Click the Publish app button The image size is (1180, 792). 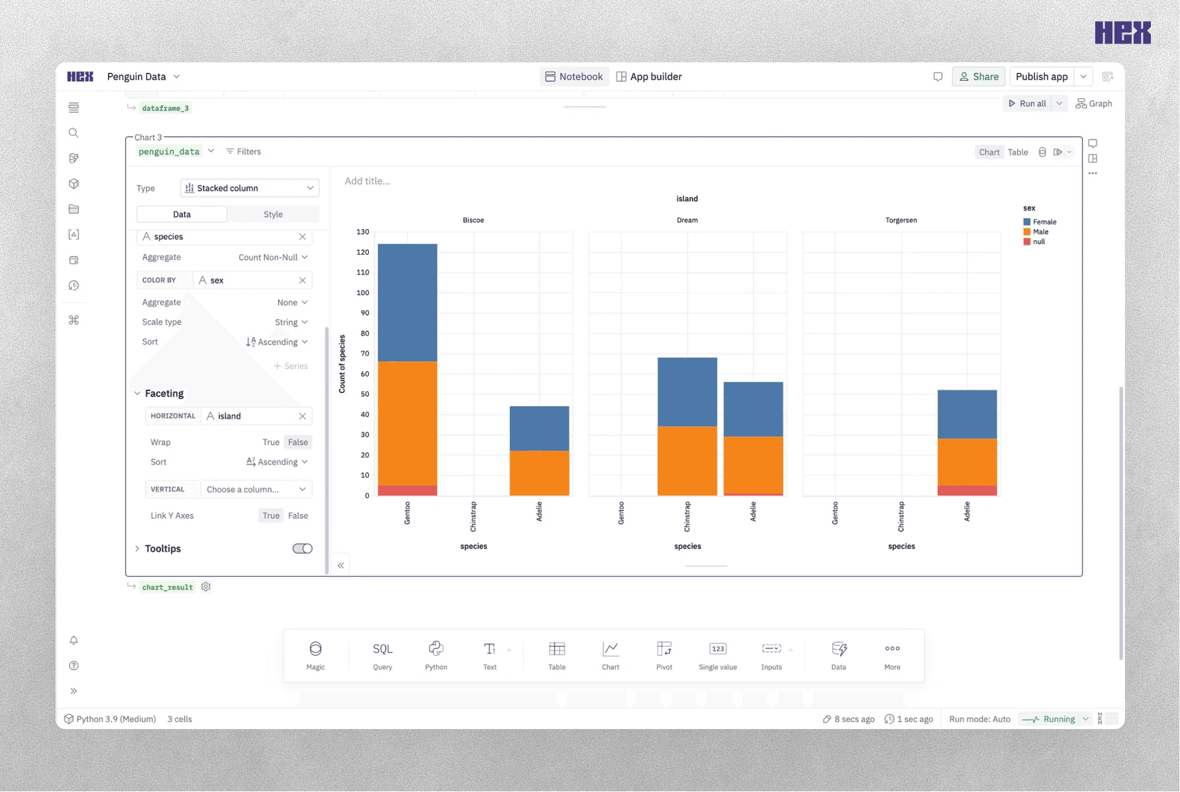tap(1041, 77)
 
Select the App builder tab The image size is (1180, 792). tap(649, 77)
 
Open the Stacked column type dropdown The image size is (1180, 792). tap(250, 188)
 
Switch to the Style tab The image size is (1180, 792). tap(273, 214)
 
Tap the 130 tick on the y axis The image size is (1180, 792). tap(363, 232)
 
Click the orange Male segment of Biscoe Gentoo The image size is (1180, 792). tap(407, 423)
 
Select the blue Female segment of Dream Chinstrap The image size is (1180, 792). tap(687, 392)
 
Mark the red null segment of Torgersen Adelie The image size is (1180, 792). tap(967, 490)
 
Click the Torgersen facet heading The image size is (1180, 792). tap(901, 220)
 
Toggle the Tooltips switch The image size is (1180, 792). tap(303, 549)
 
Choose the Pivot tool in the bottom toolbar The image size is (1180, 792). tap(664, 655)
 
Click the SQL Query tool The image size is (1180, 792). tap(383, 655)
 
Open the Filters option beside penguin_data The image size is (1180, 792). tap(244, 152)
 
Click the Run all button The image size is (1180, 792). tap(1027, 104)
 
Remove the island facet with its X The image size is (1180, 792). tap(303, 416)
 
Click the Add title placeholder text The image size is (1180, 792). tap(368, 181)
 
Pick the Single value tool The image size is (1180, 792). tap(718, 655)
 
